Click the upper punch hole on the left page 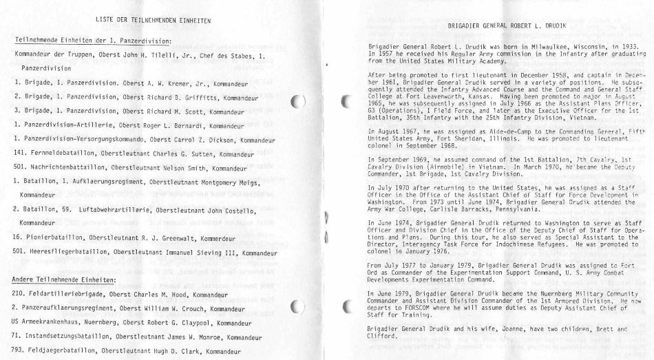297,103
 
